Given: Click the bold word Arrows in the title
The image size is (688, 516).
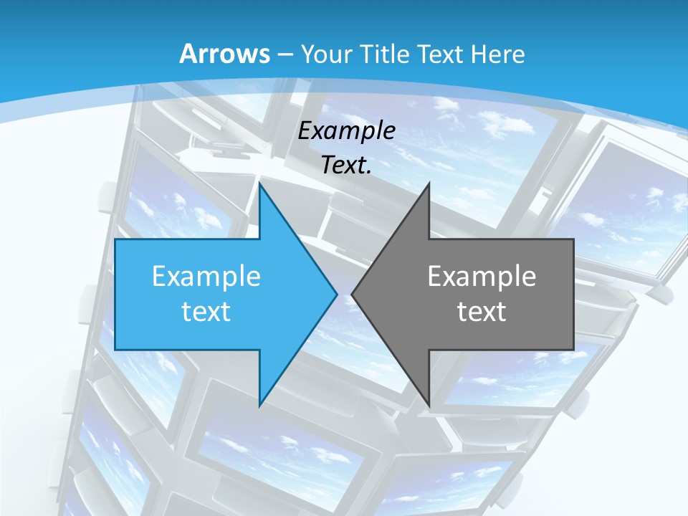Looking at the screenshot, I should (224, 54).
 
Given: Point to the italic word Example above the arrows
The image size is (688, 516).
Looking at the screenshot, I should (347, 131).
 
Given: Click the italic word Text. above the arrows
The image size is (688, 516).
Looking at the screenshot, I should (347, 166).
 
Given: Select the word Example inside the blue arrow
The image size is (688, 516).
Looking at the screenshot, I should (206, 277).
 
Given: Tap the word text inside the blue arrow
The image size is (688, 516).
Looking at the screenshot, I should (206, 311).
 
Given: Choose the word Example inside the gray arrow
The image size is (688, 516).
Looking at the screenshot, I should (482, 277).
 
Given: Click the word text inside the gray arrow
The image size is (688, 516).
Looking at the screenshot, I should (482, 311).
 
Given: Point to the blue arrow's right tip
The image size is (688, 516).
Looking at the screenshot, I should (336, 294).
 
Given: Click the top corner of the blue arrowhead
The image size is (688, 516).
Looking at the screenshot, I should (259, 184).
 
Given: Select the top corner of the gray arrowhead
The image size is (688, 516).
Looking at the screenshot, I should (429, 184).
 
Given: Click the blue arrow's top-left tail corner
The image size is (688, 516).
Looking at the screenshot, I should (115, 239).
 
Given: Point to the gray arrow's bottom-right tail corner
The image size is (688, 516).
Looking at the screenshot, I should (573, 349).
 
